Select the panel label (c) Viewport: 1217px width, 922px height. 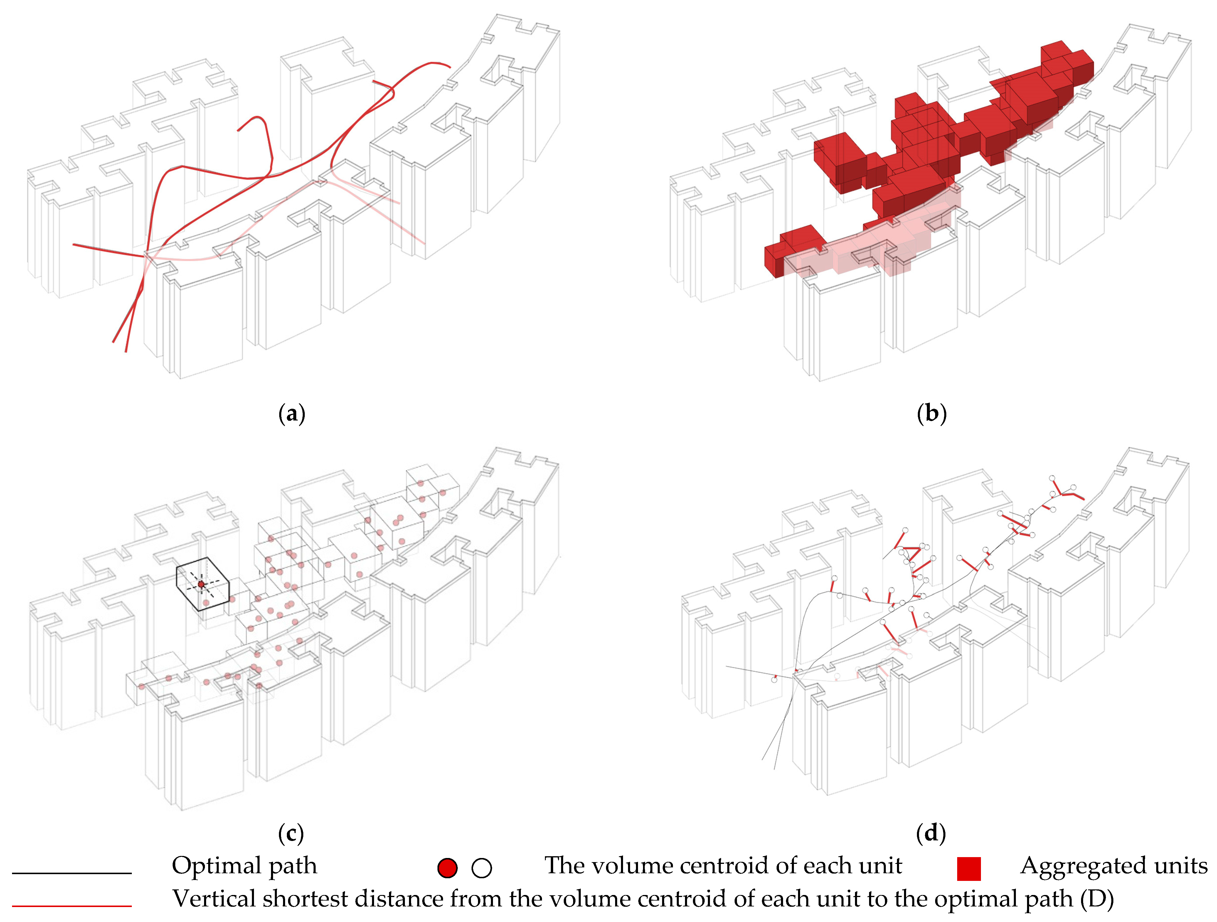pos(290,833)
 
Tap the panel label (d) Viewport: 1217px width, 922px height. pos(931,833)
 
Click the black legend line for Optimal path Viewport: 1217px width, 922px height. pos(72,872)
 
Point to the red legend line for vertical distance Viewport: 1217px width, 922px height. pos(72,905)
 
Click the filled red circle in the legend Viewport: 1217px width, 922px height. pos(447,868)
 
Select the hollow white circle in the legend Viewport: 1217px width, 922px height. pos(482,868)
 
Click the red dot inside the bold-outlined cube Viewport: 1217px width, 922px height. pos(201,584)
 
